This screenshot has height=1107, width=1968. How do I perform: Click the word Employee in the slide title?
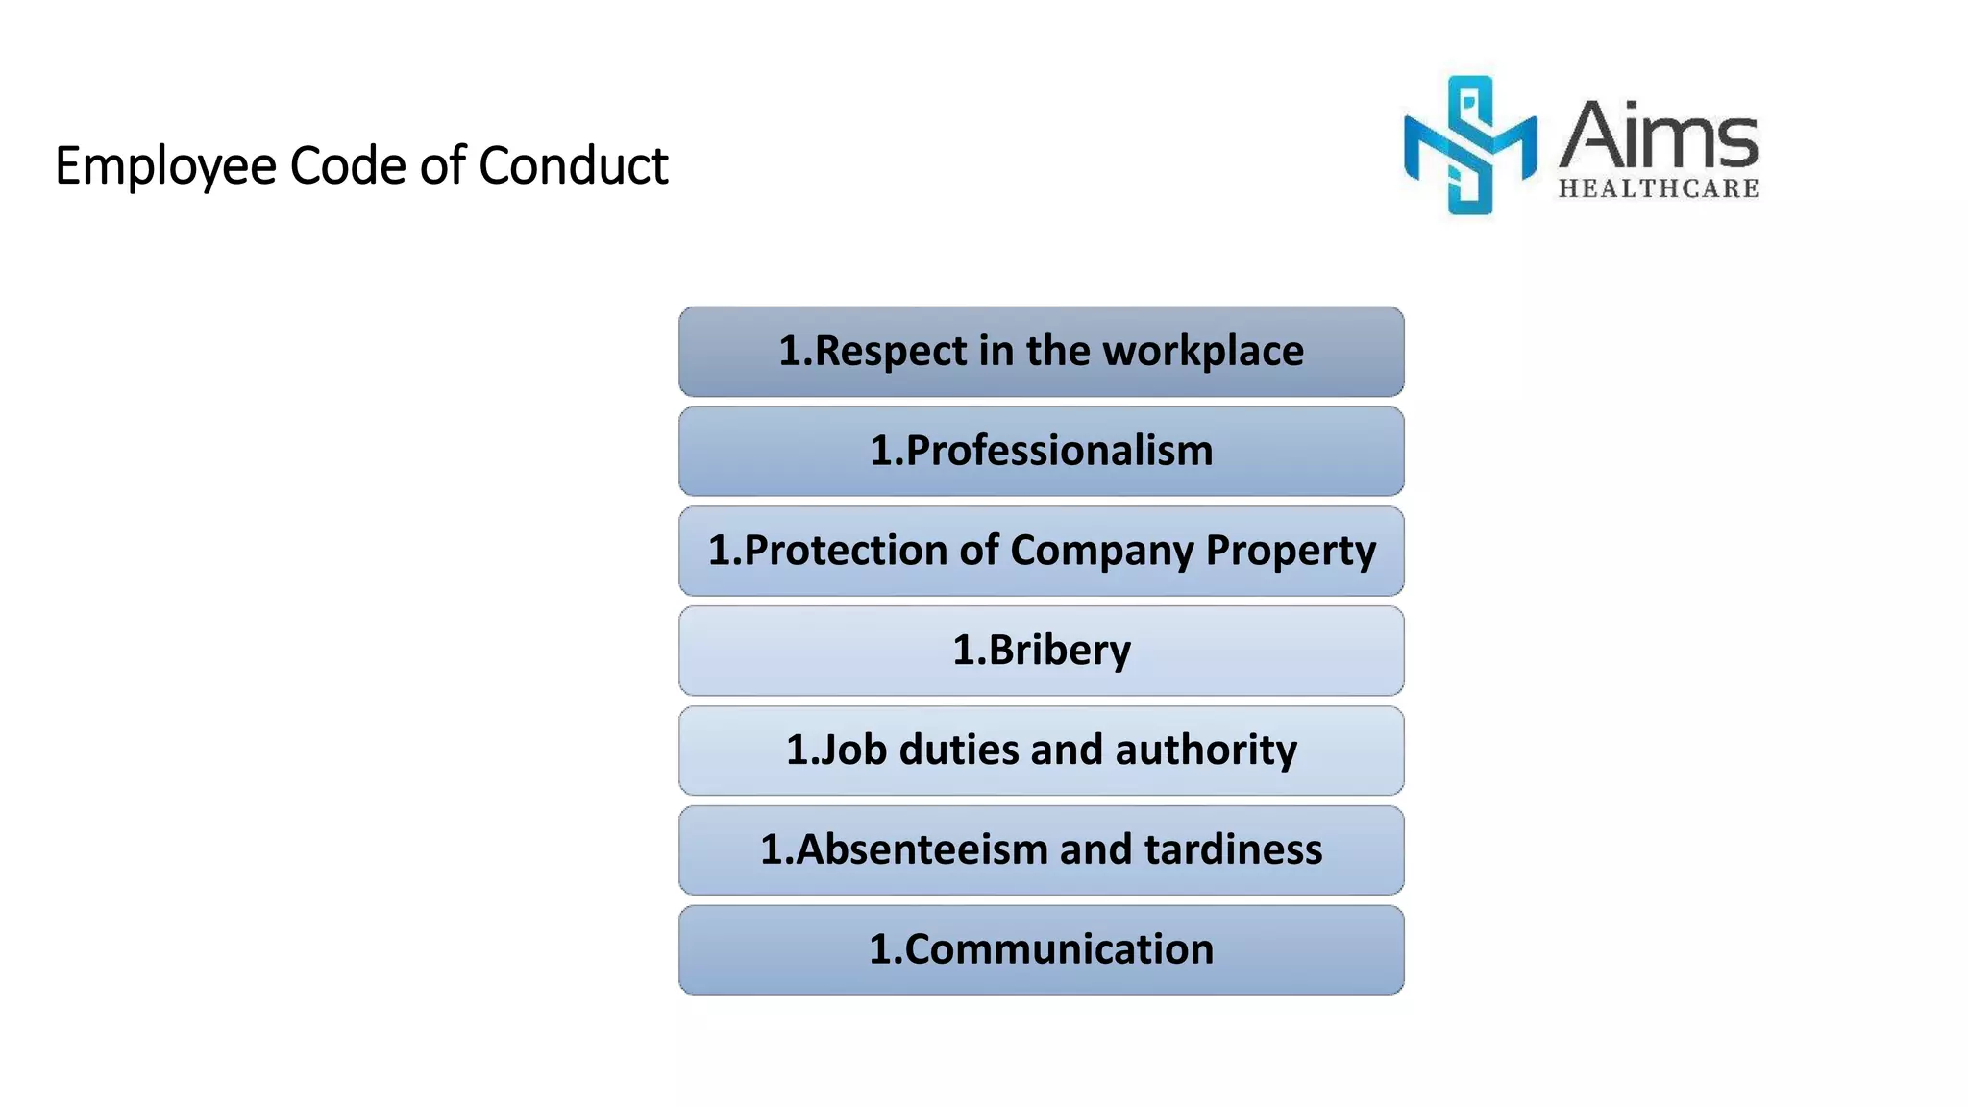click(x=166, y=166)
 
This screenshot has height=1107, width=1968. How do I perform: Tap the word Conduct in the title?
click(x=573, y=165)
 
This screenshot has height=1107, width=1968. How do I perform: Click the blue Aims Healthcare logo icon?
click(x=1469, y=144)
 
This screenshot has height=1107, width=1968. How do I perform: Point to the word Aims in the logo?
click(x=1658, y=135)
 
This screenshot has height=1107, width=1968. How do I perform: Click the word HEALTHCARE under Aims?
click(x=1659, y=188)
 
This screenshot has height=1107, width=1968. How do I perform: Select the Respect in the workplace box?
click(x=1041, y=352)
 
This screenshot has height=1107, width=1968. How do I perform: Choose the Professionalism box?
click(x=1041, y=451)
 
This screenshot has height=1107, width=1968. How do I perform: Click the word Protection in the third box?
click(x=847, y=551)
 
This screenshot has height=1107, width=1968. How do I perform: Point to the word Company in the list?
click(x=1102, y=552)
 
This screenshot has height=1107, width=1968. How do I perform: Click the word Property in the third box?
click(x=1291, y=552)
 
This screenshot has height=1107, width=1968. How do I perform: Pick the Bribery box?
click(x=1041, y=651)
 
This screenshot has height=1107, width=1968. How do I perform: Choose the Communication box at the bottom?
click(x=1041, y=949)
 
